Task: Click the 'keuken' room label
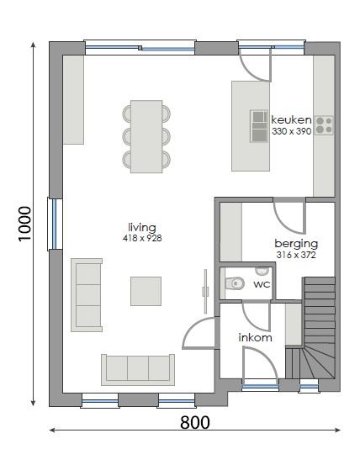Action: (290, 119)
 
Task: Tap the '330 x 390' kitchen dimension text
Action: (290, 131)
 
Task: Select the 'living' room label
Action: (142, 227)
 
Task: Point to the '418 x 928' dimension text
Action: (142, 239)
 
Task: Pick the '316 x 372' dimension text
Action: (294, 254)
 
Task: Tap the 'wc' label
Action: (262, 284)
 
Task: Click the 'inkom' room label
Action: (256, 338)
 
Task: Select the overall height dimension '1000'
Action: (26, 224)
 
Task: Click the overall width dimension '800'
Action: (195, 423)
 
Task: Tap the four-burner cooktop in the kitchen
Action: (324, 126)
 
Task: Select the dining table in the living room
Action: (146, 136)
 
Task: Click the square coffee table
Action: (146, 291)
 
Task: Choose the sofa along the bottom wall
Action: (138, 368)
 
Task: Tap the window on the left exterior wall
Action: (54, 223)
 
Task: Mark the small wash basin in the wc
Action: (262, 271)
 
